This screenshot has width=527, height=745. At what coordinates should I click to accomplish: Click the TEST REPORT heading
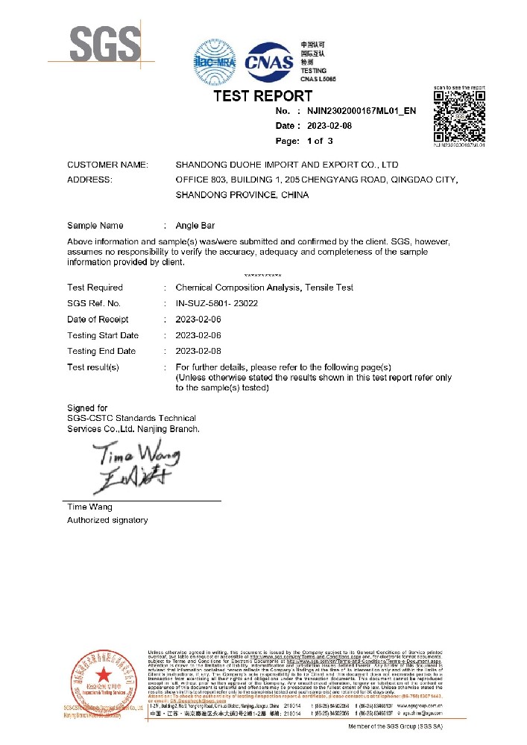pyautogui.click(x=263, y=96)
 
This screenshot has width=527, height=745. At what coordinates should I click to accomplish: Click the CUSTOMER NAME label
pyautogui.click(x=107, y=165)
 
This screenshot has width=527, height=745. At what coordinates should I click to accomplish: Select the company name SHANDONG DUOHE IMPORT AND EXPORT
pyautogui.click(x=286, y=165)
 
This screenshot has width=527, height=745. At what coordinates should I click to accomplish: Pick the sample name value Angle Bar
pyautogui.click(x=195, y=226)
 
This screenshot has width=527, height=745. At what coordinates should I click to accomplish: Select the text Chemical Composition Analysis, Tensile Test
pyautogui.click(x=264, y=288)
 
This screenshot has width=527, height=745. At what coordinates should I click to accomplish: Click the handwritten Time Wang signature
pyautogui.click(x=136, y=466)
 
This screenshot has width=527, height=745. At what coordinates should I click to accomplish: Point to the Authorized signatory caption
pyautogui.click(x=107, y=520)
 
